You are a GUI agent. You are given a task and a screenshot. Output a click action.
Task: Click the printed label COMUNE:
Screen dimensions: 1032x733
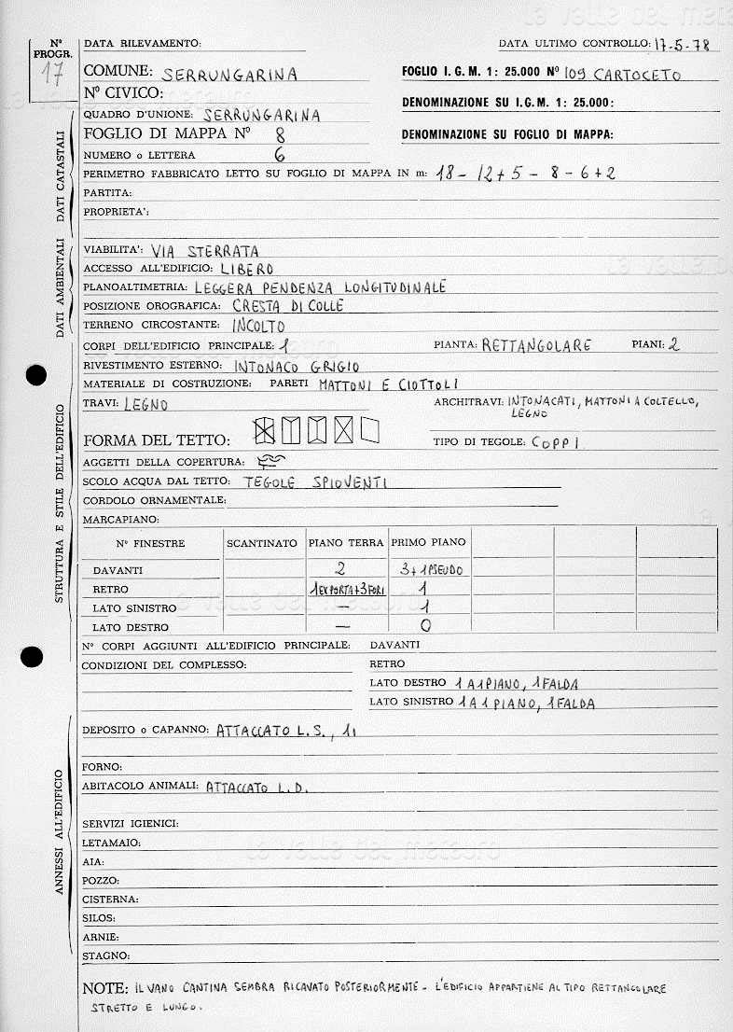coord(118,71)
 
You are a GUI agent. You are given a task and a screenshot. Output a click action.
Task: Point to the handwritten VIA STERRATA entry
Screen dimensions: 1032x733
coord(204,251)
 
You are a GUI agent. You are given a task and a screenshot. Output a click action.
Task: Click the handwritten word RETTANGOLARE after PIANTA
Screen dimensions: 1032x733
coord(536,345)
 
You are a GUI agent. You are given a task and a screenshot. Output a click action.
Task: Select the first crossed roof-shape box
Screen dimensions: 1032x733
coord(265,430)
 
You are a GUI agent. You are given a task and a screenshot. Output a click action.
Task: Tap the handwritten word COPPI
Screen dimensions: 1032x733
coord(556,443)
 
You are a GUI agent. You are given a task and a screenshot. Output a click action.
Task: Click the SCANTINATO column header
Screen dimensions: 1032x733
coord(262,543)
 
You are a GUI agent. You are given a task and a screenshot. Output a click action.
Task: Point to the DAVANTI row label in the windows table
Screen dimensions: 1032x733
coord(118,570)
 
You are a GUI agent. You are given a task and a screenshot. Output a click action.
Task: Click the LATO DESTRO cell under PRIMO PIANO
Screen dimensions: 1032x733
coord(426,627)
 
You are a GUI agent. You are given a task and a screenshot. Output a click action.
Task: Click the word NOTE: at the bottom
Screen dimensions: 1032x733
coord(104,987)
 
